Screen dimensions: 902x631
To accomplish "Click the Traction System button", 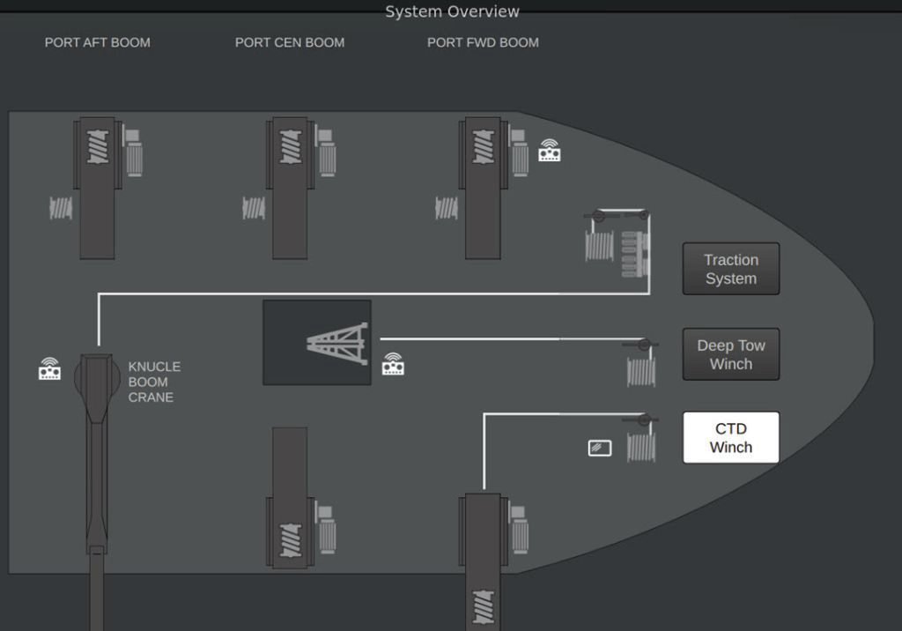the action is (x=730, y=269).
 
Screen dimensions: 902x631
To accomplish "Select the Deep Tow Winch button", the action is (x=730, y=354).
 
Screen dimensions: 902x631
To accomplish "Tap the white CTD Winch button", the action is (x=730, y=437).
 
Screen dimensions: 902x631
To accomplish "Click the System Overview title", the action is (x=452, y=11).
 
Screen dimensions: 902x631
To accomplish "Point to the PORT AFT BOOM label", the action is (x=97, y=42).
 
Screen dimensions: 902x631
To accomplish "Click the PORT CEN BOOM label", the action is (x=289, y=42).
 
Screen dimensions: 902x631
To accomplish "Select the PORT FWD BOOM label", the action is (x=483, y=42).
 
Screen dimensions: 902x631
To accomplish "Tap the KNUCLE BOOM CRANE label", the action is (x=154, y=382).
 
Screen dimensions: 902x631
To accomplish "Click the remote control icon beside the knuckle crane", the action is (x=49, y=369).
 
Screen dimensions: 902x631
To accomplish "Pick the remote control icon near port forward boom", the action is (x=550, y=151).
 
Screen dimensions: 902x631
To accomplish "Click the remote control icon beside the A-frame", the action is (x=393, y=364).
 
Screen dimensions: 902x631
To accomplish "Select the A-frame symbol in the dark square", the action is (x=337, y=344).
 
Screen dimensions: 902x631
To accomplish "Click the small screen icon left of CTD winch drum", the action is (x=599, y=448).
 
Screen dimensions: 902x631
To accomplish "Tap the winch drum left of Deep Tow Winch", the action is (x=641, y=371).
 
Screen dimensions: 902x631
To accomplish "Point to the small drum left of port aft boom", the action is (x=61, y=208).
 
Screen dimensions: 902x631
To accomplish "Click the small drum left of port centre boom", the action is (x=254, y=208).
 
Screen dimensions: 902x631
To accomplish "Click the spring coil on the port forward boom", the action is (x=484, y=147).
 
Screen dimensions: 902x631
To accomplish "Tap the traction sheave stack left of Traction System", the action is (x=634, y=254).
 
